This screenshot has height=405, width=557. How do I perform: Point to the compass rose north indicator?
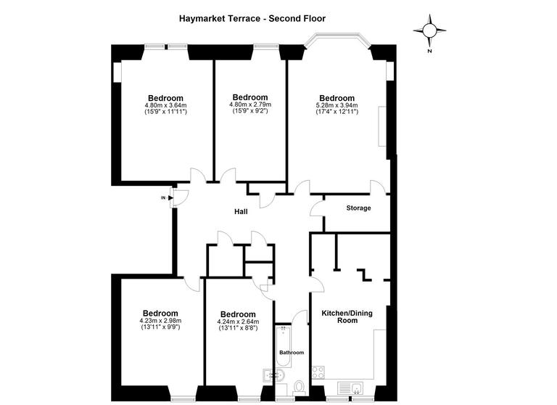click(x=429, y=31)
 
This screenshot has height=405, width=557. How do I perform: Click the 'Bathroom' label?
click(x=292, y=353)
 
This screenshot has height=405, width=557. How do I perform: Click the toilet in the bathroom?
click(x=299, y=388)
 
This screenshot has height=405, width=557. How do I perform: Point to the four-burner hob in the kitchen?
click(x=318, y=374)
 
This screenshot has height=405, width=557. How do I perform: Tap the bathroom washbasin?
click(x=271, y=375)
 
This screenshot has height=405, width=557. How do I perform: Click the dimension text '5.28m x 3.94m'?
click(x=337, y=105)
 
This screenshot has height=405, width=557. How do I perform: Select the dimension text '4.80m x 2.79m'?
click(x=249, y=104)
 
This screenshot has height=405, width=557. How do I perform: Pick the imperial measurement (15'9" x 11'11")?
click(x=166, y=112)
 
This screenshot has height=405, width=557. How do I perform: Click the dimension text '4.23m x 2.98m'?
click(x=160, y=321)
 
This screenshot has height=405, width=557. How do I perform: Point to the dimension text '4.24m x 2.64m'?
click(x=239, y=322)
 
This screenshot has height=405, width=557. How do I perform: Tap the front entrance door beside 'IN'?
click(x=179, y=197)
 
